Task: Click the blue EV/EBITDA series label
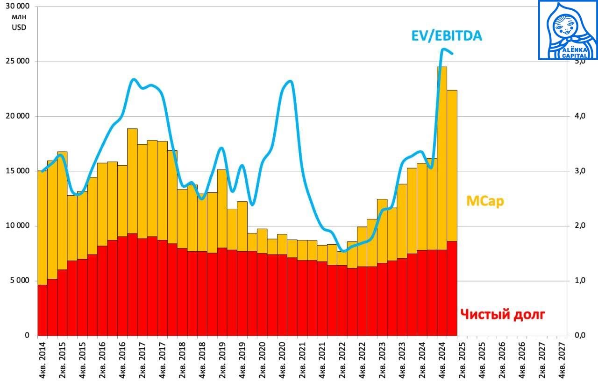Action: point(446,36)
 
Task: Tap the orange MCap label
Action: point(485,201)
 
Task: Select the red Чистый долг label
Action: point(502,314)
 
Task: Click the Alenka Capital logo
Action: point(568,30)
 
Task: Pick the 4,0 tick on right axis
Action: point(580,116)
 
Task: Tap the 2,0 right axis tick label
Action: point(580,226)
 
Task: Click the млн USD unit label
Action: point(19,22)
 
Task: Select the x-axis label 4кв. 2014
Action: point(43,360)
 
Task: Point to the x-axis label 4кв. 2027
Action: point(562,360)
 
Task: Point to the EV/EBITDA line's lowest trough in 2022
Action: point(343,251)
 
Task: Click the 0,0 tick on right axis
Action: point(580,335)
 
